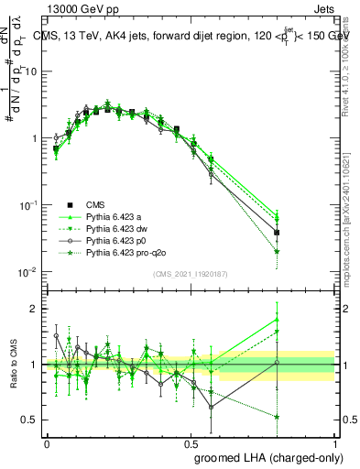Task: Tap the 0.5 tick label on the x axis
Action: point(191,441)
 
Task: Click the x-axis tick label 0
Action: point(47,441)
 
